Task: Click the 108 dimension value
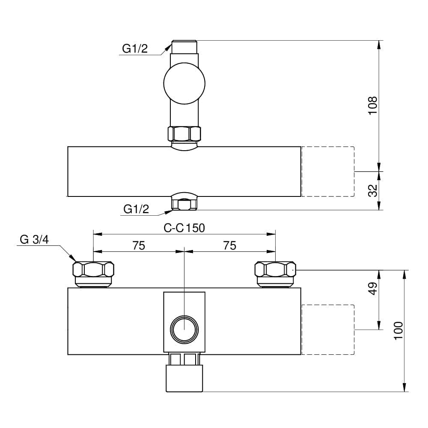[x=373, y=106]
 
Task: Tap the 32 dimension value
[x=373, y=190]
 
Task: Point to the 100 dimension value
[x=398, y=330]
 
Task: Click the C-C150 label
[x=184, y=228]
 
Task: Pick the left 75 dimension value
[x=139, y=246]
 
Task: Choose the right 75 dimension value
[x=229, y=246]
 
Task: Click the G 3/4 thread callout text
[x=34, y=240]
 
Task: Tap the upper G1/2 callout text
[x=135, y=49]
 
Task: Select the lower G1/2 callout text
[x=136, y=209]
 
